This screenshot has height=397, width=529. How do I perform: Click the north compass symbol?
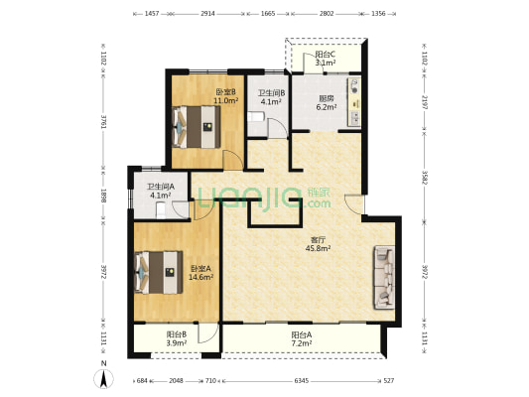(x=103, y=378)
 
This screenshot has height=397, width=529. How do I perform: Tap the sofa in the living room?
(x=384, y=277)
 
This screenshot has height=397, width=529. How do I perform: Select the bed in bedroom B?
(x=197, y=127)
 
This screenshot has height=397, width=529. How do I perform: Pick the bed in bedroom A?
(x=159, y=272)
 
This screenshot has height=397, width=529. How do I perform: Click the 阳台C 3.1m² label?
(x=326, y=59)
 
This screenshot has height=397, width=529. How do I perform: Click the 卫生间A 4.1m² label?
(x=160, y=191)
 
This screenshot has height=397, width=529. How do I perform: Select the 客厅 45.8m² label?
(x=318, y=244)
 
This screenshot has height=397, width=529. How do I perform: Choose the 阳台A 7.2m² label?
(x=302, y=339)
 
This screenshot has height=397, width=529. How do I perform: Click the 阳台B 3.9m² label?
(x=177, y=338)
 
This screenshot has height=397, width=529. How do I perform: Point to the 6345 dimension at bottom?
(x=302, y=381)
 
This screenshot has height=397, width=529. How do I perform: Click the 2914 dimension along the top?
(x=207, y=14)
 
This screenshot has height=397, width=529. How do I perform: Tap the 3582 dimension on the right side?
(x=425, y=177)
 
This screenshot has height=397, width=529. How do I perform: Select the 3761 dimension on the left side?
(x=103, y=121)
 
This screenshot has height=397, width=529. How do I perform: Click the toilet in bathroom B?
(x=255, y=117)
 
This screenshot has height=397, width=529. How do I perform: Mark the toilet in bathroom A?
(x=161, y=210)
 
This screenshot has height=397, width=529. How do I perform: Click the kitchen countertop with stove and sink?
(x=354, y=102)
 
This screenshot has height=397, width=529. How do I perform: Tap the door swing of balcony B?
(x=207, y=333)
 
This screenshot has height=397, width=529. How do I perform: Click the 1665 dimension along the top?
(x=268, y=14)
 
